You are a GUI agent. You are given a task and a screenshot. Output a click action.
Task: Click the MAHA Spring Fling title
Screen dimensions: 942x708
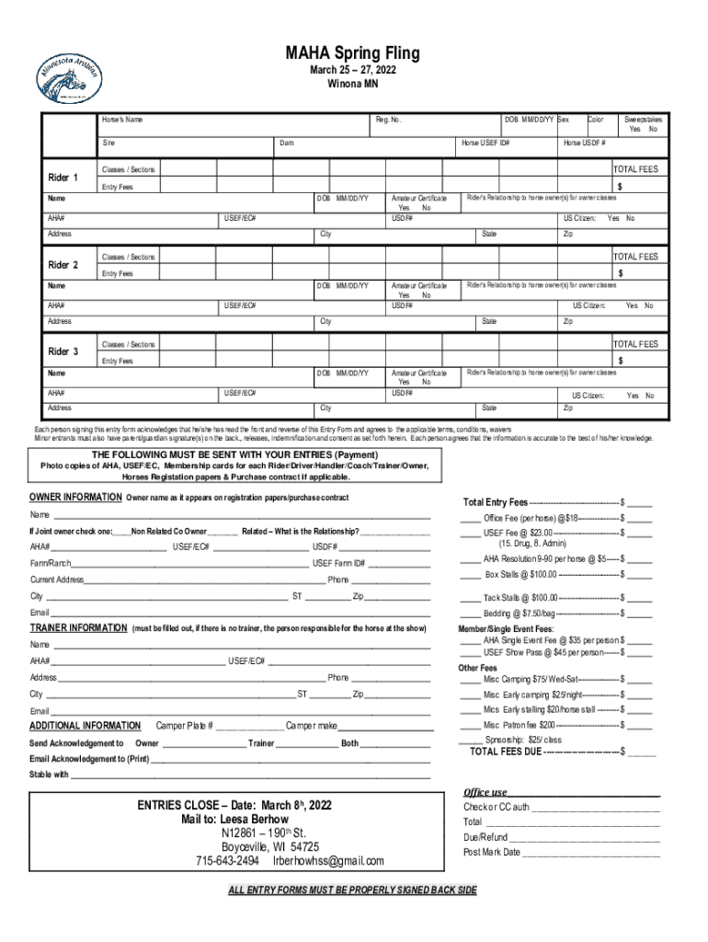353,54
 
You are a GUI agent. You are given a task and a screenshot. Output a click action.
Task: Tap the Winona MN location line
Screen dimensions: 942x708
353,85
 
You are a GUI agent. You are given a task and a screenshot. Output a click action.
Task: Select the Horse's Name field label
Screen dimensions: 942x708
122,121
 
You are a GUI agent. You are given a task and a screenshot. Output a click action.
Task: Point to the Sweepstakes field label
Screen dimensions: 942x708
643,120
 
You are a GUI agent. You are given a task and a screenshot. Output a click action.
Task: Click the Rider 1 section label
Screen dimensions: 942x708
63,178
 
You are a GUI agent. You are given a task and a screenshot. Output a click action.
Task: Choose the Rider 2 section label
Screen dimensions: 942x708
63,266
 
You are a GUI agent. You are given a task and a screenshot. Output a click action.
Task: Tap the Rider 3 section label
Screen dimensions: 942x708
63,352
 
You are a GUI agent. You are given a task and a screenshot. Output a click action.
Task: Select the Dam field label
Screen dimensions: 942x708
287,144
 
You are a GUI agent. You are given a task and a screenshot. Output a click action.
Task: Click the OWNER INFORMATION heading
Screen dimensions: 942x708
75,498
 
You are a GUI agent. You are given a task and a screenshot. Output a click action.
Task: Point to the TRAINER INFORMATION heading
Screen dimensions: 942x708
78,628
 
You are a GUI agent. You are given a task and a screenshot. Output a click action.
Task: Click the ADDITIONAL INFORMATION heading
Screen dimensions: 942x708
86,726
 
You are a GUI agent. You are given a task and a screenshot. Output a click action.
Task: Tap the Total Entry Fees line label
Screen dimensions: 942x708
496,503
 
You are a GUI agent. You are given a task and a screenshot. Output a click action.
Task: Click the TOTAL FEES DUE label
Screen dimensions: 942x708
506,752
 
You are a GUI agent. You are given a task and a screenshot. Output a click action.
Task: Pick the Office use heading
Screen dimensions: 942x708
485,792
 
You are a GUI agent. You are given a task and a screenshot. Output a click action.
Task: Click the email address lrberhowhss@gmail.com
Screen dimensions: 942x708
328,861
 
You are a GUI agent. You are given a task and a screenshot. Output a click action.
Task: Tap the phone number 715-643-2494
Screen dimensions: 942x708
226,861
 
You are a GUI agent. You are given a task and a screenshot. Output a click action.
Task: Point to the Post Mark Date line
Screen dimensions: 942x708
492,852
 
